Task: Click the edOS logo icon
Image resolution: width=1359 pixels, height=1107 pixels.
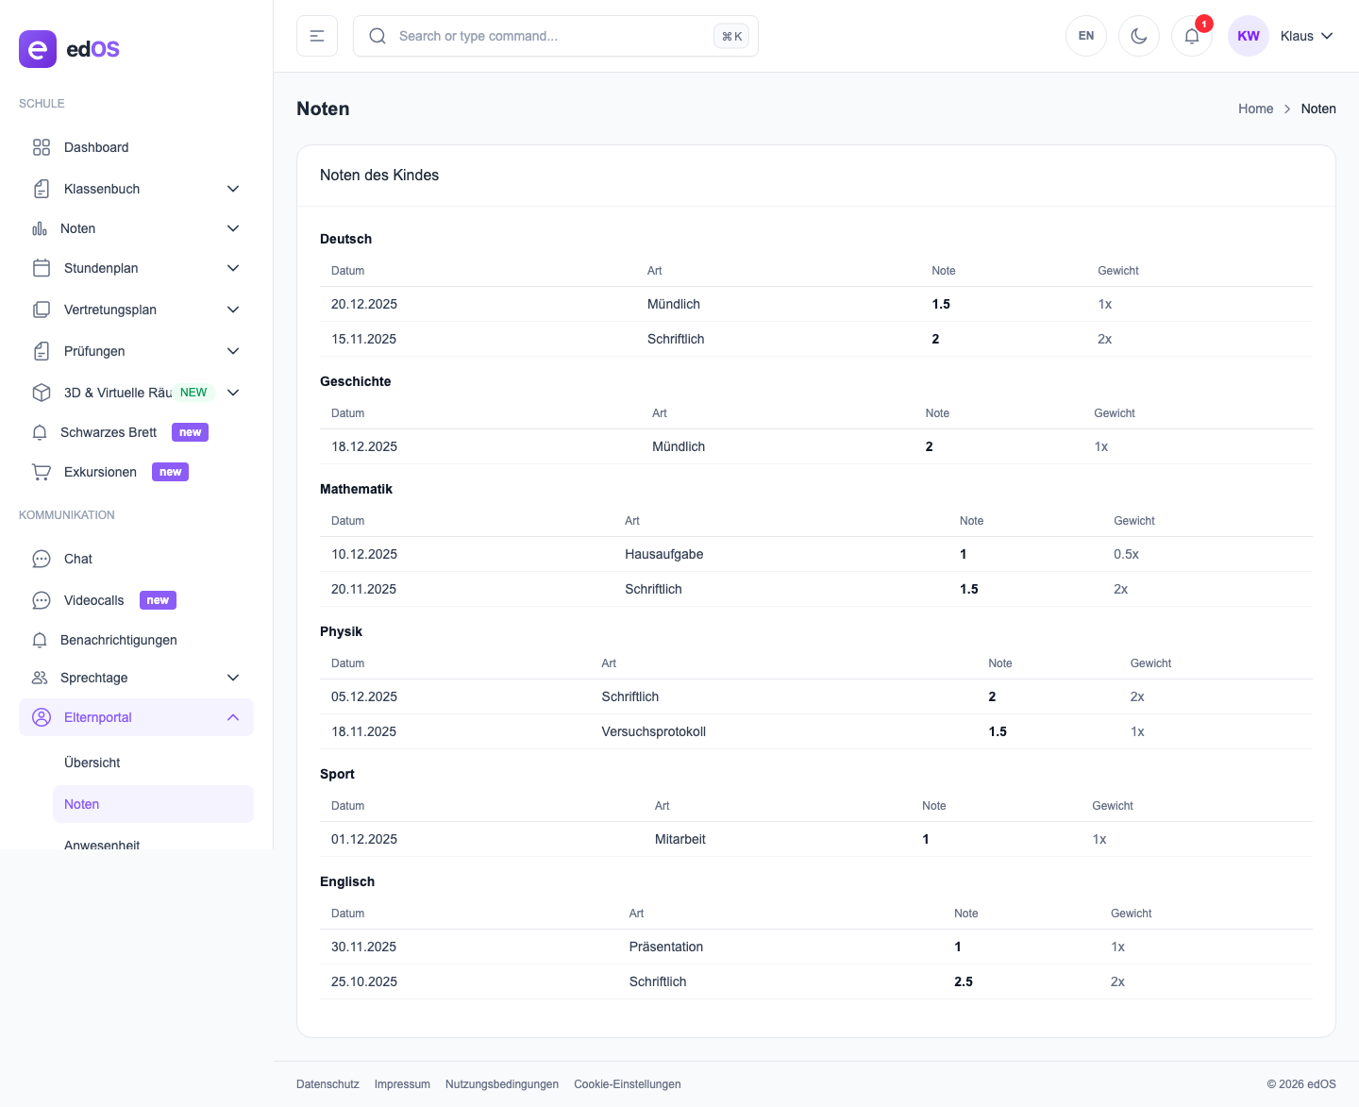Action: click(x=38, y=49)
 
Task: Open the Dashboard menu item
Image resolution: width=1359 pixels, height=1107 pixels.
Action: click(x=95, y=147)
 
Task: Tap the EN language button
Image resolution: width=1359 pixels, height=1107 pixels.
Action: click(x=1085, y=36)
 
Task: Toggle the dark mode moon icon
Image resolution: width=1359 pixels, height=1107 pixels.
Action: click(x=1138, y=36)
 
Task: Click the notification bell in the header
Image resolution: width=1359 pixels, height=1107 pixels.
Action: click(x=1191, y=36)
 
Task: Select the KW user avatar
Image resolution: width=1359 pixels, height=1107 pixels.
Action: click(x=1248, y=36)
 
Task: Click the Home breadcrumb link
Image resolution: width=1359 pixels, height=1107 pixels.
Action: click(x=1255, y=109)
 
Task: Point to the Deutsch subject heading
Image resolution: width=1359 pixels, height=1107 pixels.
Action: click(x=345, y=239)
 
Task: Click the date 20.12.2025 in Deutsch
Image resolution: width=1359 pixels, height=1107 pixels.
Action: click(x=364, y=304)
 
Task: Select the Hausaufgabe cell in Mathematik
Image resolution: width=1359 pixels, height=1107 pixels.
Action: click(x=663, y=554)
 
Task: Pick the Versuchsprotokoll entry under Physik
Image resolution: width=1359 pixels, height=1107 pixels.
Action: click(x=653, y=731)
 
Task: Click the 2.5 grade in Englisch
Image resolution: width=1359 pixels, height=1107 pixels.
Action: click(x=963, y=981)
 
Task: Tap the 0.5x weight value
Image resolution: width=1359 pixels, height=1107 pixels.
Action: click(x=1126, y=554)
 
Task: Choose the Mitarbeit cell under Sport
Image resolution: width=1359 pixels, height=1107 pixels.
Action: click(x=679, y=839)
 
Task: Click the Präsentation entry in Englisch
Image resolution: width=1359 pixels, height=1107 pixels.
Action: click(x=665, y=947)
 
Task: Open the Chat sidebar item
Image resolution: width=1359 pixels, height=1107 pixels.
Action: click(x=78, y=559)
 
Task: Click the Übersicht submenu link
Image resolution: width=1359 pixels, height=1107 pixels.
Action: click(x=92, y=763)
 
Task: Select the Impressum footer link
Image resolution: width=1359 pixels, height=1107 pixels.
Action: click(x=402, y=1084)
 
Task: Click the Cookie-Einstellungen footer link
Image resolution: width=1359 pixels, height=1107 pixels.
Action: click(x=627, y=1084)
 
